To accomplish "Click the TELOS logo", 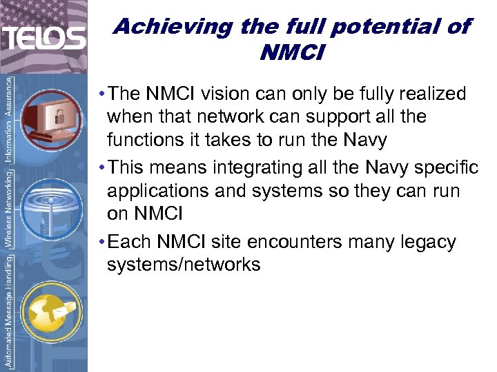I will point(43,39).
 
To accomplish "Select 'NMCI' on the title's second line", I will point(291,52).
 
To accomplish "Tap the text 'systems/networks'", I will point(184,265).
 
